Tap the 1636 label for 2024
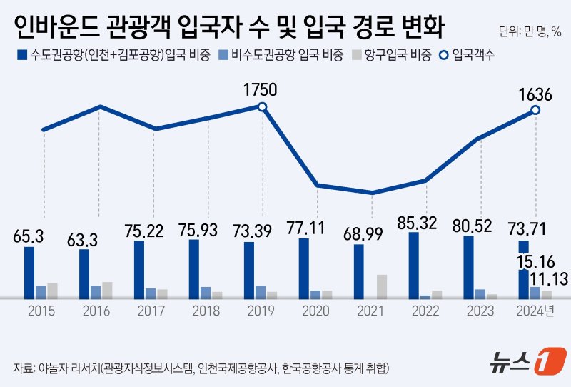pos(533,93)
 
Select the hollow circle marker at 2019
pos(262,107)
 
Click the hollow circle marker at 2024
pos(535,110)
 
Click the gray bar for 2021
pos(381,286)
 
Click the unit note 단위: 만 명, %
pos(530,31)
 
